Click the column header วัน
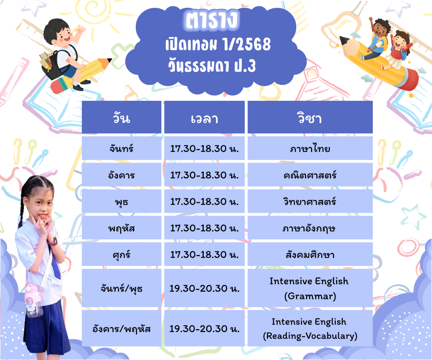pos(121,117)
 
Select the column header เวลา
pos(205,117)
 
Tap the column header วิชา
pos(310,117)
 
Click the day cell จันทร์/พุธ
pos(121,288)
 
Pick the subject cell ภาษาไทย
pos(310,148)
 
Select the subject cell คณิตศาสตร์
pos(310,175)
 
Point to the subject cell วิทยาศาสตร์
pos(310,201)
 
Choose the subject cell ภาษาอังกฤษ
pos(310,227)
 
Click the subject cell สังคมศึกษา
pos(310,254)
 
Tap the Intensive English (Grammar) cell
pos(310,288)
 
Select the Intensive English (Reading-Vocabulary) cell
pos(310,328)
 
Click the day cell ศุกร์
pos(121,254)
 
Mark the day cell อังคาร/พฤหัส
pos(121,328)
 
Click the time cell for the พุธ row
pos(205,201)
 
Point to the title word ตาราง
pos(211,20)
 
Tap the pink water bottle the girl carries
pos(34,300)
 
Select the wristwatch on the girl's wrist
pos(53,241)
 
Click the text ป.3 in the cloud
pos(245,66)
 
